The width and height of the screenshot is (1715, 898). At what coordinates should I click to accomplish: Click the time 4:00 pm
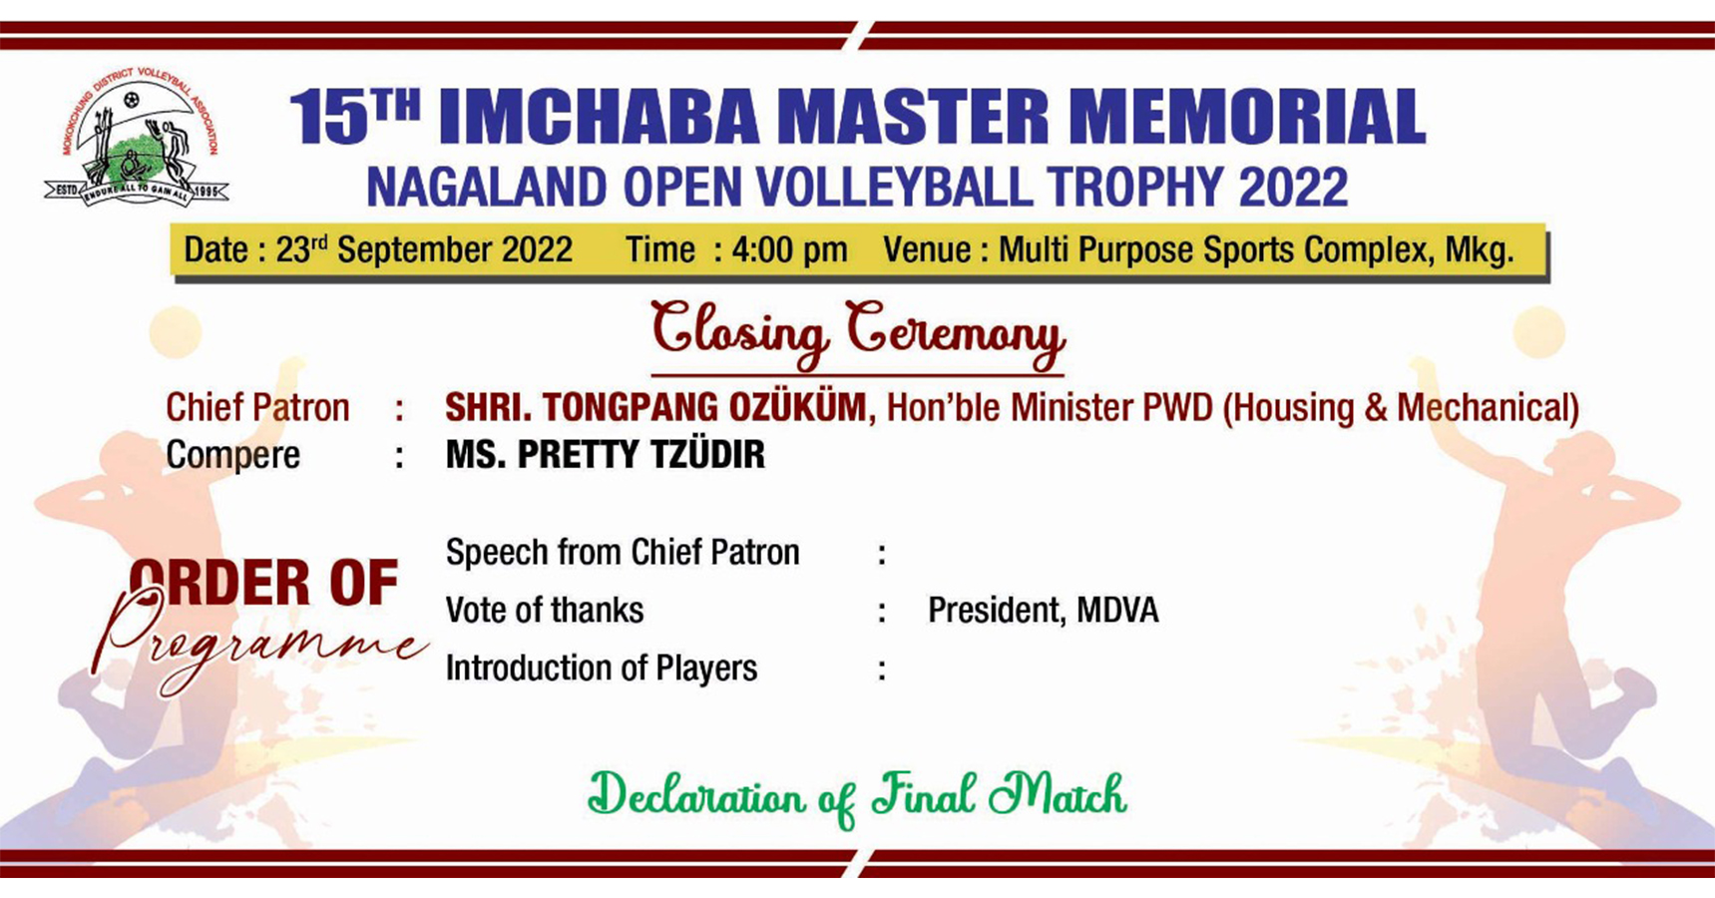click(x=789, y=249)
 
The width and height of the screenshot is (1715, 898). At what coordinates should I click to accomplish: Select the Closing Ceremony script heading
click(x=858, y=333)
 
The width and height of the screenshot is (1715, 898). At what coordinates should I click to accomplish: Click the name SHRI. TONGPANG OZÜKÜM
click(x=655, y=407)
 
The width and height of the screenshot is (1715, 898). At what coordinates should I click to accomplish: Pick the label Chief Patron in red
click(x=257, y=407)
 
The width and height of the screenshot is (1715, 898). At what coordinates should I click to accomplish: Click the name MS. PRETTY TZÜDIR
click(x=606, y=455)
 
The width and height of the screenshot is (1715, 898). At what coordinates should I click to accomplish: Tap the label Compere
click(x=232, y=456)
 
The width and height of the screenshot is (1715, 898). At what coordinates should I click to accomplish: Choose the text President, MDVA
click(x=1044, y=611)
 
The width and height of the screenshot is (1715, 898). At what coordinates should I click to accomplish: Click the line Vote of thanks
click(x=545, y=611)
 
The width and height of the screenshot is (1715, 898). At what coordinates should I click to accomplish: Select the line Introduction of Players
click(x=602, y=669)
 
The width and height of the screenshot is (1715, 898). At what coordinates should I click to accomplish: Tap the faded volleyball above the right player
click(x=1538, y=332)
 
